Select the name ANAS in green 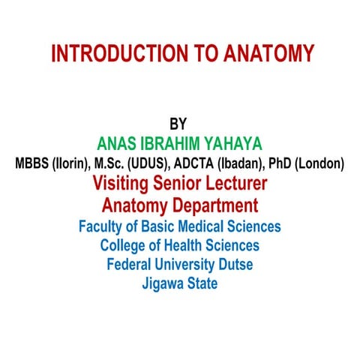[x=119, y=143]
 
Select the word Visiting [x=124, y=183]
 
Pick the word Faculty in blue [x=102, y=226]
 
